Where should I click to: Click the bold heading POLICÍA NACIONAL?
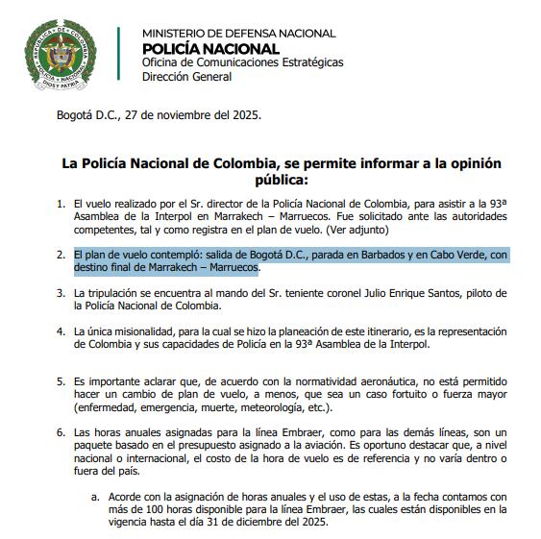coord(210,49)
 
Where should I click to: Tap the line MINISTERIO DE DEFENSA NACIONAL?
coord(238,34)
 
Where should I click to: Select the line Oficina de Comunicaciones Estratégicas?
coord(241,63)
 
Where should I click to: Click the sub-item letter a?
coord(94,497)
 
